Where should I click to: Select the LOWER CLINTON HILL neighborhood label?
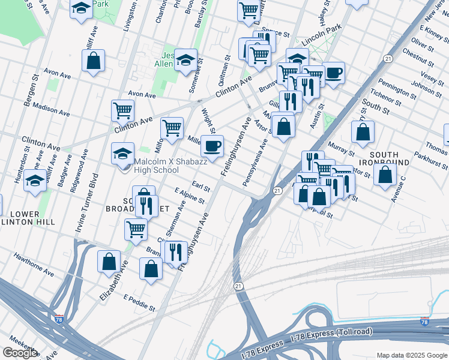pyautogui.click(x=25, y=218)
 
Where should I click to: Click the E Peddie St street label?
pyautogui.click(x=138, y=301)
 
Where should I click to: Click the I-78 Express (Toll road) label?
pyautogui.click(x=331, y=332)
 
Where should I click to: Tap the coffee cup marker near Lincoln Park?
pyautogui.click(x=334, y=73)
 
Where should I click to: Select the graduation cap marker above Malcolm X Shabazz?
pyautogui.click(x=123, y=152)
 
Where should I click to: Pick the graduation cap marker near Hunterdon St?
pyautogui.click(x=35, y=179)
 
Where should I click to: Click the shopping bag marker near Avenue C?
pyautogui.click(x=385, y=175)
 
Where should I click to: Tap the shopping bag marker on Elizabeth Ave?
pyautogui.click(x=109, y=261)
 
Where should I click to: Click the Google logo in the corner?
pyautogui.click(x=20, y=352)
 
